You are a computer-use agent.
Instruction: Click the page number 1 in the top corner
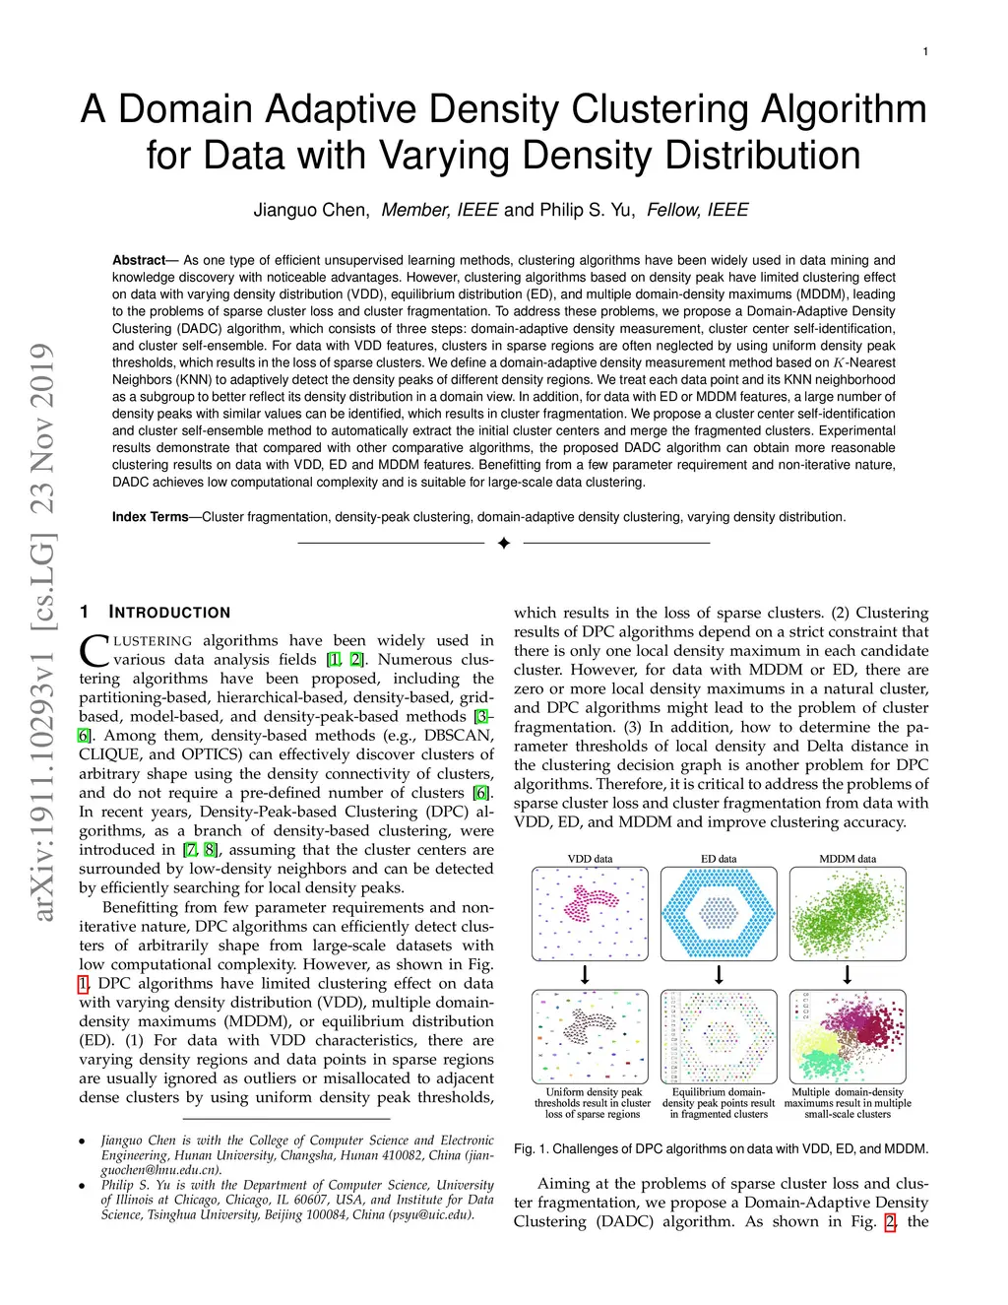click(925, 52)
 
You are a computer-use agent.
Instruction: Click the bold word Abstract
click(139, 260)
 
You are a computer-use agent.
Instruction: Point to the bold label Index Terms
click(150, 517)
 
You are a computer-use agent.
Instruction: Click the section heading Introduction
click(169, 613)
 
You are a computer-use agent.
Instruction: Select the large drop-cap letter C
click(94, 651)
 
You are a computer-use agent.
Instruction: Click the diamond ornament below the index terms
click(504, 543)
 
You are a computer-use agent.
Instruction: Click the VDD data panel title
click(590, 859)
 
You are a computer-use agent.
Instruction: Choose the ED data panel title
click(719, 859)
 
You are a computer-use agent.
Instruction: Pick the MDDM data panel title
click(848, 859)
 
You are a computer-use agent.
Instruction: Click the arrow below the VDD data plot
click(586, 975)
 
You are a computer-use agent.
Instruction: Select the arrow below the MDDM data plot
click(848, 975)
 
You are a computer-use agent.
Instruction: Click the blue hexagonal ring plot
click(719, 913)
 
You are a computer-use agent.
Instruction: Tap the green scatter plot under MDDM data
click(848, 913)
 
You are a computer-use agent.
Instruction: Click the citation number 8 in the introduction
click(210, 850)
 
